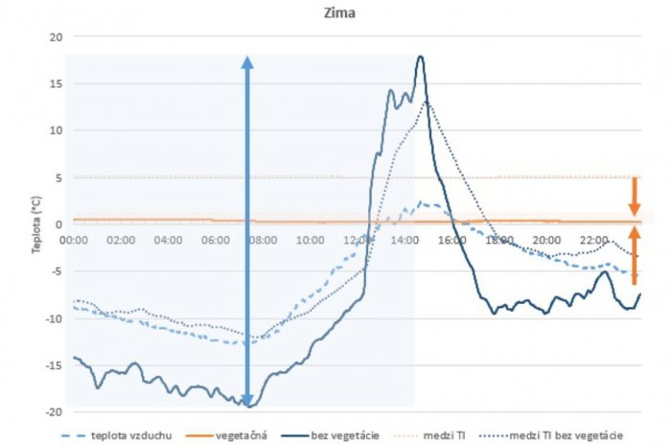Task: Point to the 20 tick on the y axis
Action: point(54,36)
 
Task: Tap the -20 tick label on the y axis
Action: point(51,412)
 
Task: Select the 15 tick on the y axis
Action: point(54,83)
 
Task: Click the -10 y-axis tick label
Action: point(51,318)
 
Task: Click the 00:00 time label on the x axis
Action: point(76,239)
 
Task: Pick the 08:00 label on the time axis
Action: point(264,239)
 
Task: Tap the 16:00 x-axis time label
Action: point(452,239)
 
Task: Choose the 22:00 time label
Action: point(593,239)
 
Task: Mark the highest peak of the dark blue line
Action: point(420,58)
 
